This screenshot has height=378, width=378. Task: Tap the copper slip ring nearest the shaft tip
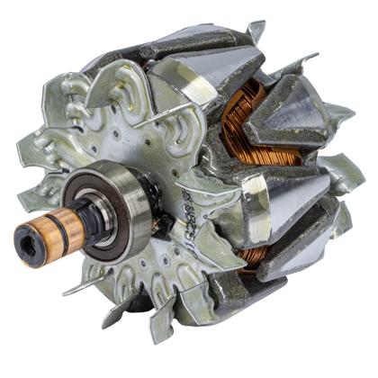(x=40, y=231)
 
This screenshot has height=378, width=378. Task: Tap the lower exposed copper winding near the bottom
(x=256, y=253)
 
